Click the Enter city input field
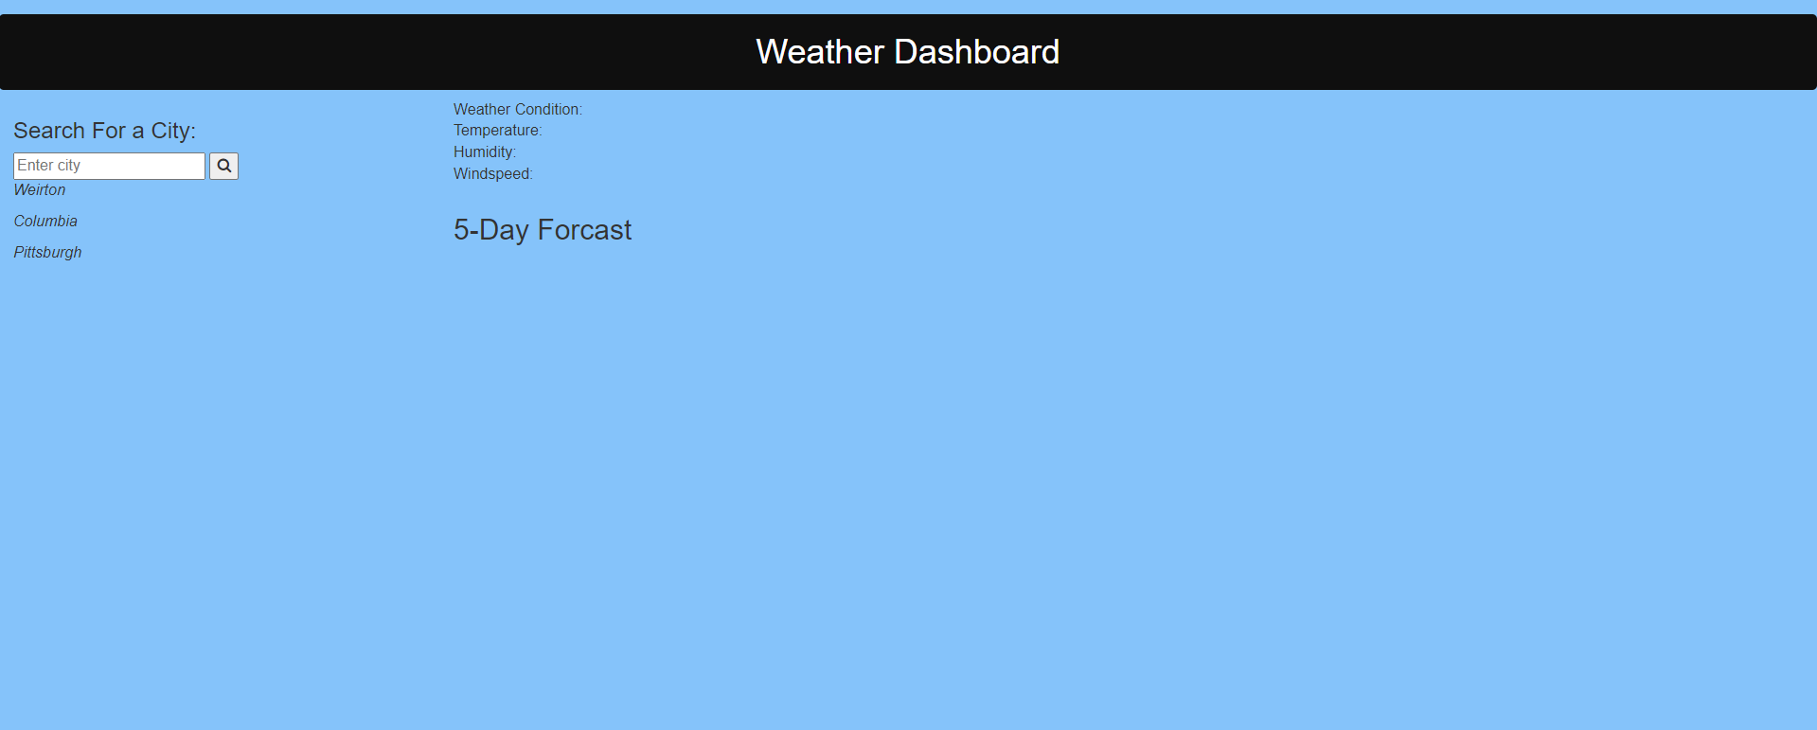click(x=109, y=166)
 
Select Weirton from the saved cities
click(x=40, y=190)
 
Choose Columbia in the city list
click(x=45, y=222)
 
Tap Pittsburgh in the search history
click(x=47, y=253)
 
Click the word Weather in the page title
click(x=820, y=52)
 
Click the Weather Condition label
click(x=517, y=110)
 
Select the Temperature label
click(x=497, y=131)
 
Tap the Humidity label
click(x=484, y=152)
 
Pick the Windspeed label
click(x=492, y=174)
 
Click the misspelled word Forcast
click(x=584, y=230)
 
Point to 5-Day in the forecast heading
click(x=490, y=230)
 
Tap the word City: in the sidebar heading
click(x=173, y=131)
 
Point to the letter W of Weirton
click(x=20, y=190)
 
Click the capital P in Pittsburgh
click(x=18, y=253)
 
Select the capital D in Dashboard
click(x=904, y=52)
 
